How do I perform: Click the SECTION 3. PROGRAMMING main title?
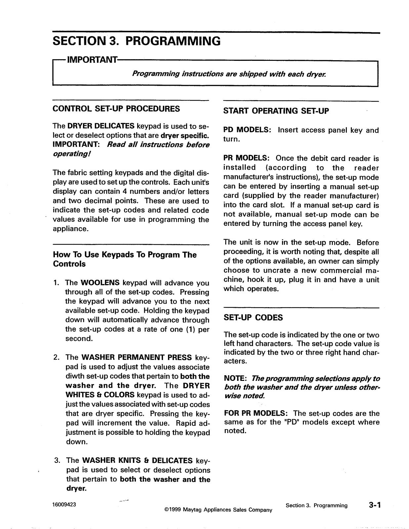[137, 41]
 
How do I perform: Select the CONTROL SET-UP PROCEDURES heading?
[116, 109]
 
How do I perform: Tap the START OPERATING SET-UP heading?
[276, 111]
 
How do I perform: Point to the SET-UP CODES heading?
[253, 318]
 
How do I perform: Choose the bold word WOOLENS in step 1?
[100, 283]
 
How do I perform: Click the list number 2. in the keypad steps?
[57, 357]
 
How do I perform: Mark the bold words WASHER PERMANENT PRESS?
[137, 357]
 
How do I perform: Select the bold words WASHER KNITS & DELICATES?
[137, 461]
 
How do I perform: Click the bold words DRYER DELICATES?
[101, 126]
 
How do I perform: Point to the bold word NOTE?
[236, 379]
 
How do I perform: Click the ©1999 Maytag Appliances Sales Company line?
[218, 510]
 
